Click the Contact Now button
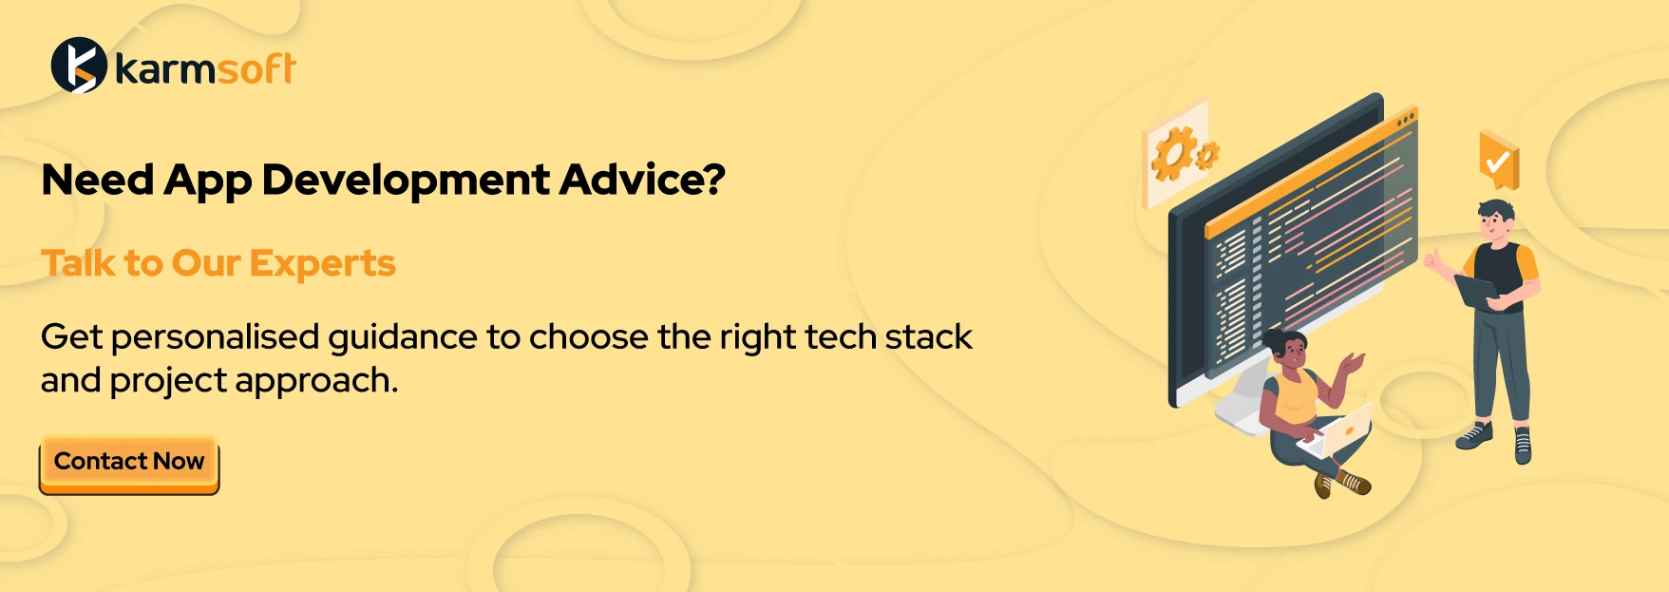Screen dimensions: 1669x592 129,465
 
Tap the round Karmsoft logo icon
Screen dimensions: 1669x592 79,66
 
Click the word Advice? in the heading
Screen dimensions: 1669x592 642,181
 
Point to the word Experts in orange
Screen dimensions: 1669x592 323,264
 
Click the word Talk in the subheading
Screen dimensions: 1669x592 79,263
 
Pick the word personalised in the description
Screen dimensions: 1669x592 215,338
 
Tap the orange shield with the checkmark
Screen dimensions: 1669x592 1499,160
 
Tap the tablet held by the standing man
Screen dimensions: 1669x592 1475,291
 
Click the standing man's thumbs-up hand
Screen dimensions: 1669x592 1432,259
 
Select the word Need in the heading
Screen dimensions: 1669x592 97,181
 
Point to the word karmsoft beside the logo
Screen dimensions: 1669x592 205,68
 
